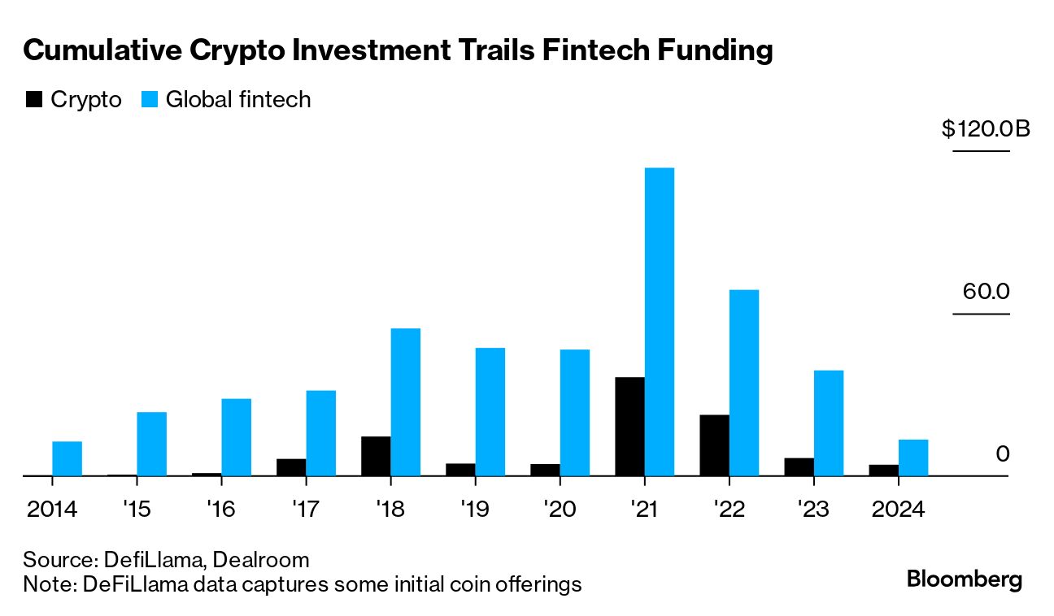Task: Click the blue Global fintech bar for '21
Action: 660,321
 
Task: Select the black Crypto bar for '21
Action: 629,426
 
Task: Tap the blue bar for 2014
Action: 68,458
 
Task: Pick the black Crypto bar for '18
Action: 376,456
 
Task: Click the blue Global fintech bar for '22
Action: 744,382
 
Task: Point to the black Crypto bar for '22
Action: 714,445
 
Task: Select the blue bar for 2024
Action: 913,458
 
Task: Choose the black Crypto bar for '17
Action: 291,467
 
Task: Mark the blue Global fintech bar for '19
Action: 490,411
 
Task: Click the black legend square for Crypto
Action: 34,100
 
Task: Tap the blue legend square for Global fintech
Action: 150,100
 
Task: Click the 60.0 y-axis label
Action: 986,291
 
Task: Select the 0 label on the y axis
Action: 1002,453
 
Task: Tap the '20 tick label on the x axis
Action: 561,510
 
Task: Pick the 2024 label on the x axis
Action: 898,510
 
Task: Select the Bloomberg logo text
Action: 965,579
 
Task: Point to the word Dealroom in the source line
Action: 261,560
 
